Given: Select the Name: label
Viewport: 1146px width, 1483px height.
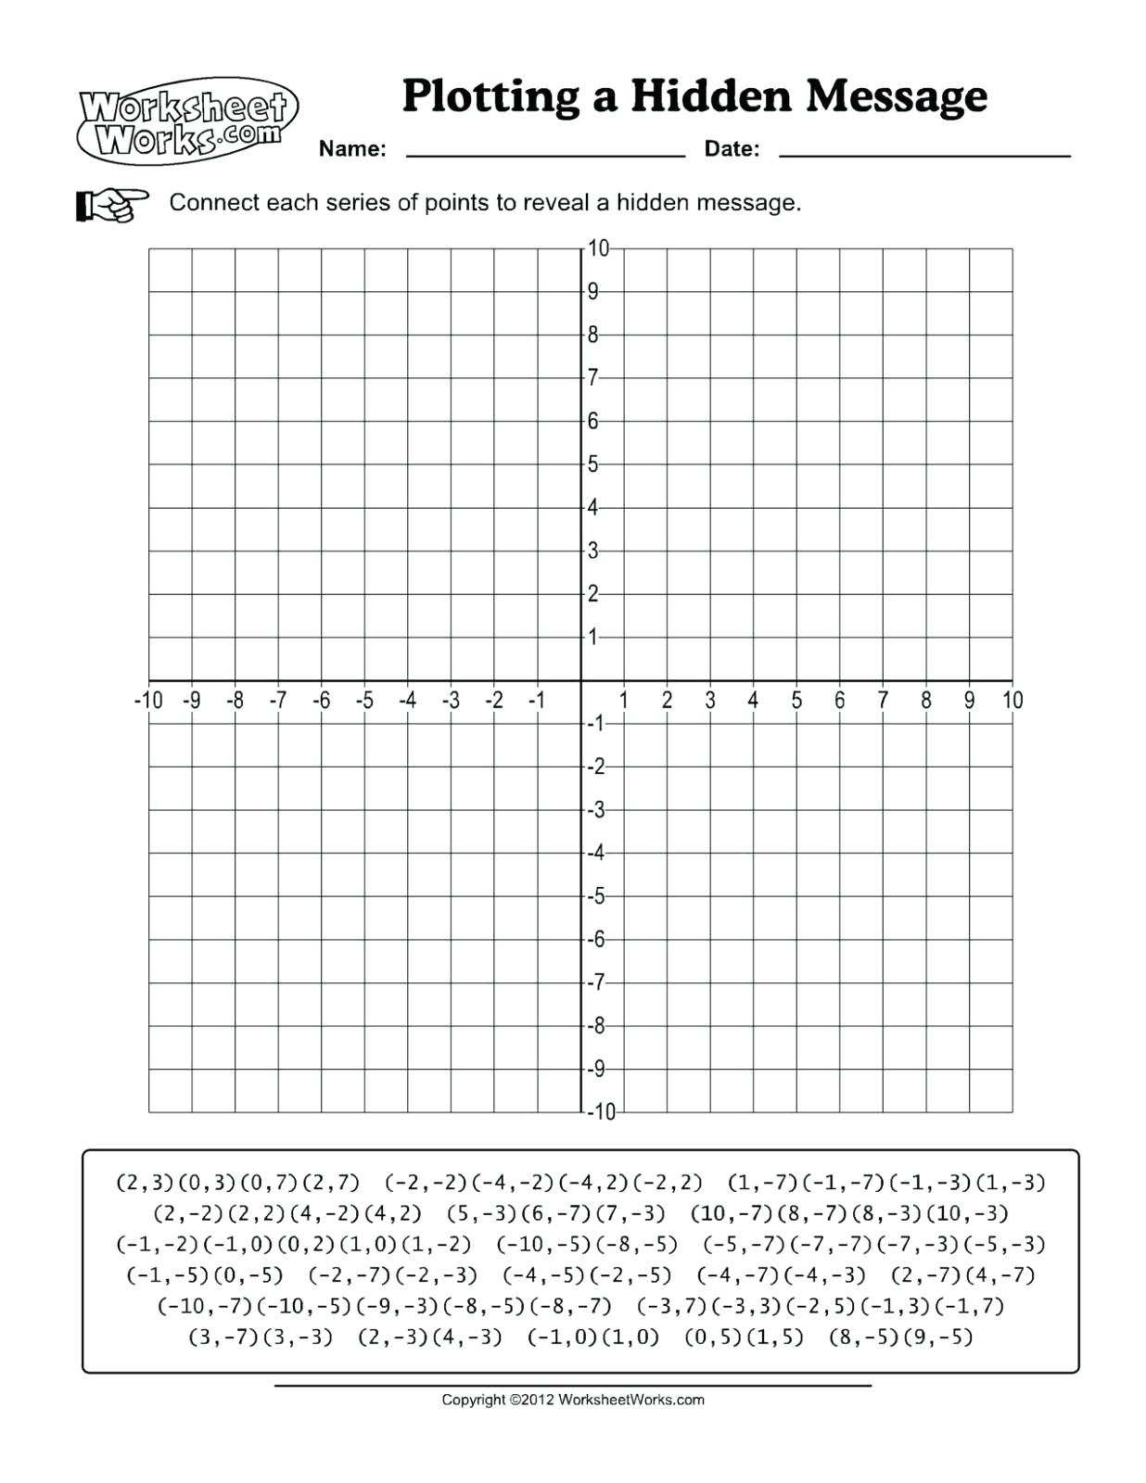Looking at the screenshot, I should pyautogui.click(x=352, y=149).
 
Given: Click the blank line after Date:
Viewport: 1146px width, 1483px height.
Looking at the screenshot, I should pyautogui.click(x=924, y=153).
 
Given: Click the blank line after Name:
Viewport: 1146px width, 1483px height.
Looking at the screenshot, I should pyautogui.click(x=545, y=153).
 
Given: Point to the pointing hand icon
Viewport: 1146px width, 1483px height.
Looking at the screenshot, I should pyautogui.click(x=111, y=204).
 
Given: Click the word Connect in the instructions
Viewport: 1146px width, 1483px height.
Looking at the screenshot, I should pyautogui.click(x=214, y=203).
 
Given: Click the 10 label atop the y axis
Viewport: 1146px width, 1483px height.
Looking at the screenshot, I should pyautogui.click(x=598, y=248).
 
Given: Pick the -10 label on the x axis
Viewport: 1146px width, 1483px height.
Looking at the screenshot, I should pyautogui.click(x=147, y=701).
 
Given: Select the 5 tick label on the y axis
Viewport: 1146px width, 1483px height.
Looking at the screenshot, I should pyautogui.click(x=593, y=464).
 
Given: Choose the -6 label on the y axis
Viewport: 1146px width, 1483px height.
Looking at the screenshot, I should pyautogui.click(x=596, y=940).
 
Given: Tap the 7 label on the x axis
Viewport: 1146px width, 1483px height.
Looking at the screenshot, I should pyautogui.click(x=883, y=701).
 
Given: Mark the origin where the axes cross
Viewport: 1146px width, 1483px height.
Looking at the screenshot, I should pyautogui.click(x=581, y=680).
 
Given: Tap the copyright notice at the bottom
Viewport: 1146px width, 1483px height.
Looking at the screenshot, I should pyautogui.click(x=572, y=1400).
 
